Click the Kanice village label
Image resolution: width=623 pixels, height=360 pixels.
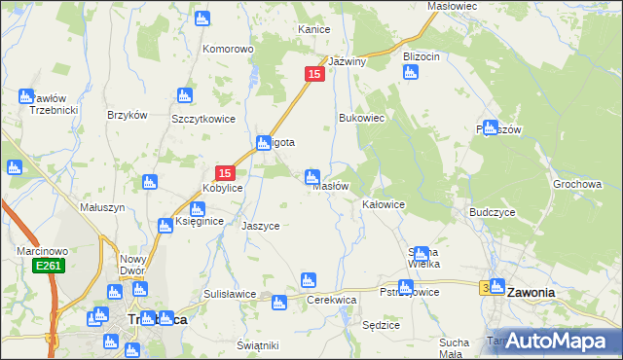[x=313, y=29]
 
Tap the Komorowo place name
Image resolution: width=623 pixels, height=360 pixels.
[x=228, y=48]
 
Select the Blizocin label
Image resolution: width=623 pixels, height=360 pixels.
[x=421, y=56]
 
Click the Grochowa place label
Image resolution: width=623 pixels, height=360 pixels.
[x=577, y=184]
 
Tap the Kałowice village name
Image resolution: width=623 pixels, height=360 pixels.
[x=384, y=205]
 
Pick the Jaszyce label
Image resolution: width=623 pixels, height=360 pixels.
[x=261, y=225]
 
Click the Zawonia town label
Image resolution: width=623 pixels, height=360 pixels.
[x=531, y=291]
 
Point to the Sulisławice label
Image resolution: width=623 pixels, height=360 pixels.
[x=230, y=293]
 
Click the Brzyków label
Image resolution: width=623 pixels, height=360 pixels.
[x=127, y=114]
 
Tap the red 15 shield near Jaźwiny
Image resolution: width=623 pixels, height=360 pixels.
[x=313, y=74]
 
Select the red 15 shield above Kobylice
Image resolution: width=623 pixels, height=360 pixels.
[x=224, y=172]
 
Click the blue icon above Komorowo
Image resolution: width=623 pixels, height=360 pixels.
[x=202, y=18]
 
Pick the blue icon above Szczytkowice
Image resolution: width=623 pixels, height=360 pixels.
[x=184, y=95]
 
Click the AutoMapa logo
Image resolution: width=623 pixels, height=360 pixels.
[x=556, y=341]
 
